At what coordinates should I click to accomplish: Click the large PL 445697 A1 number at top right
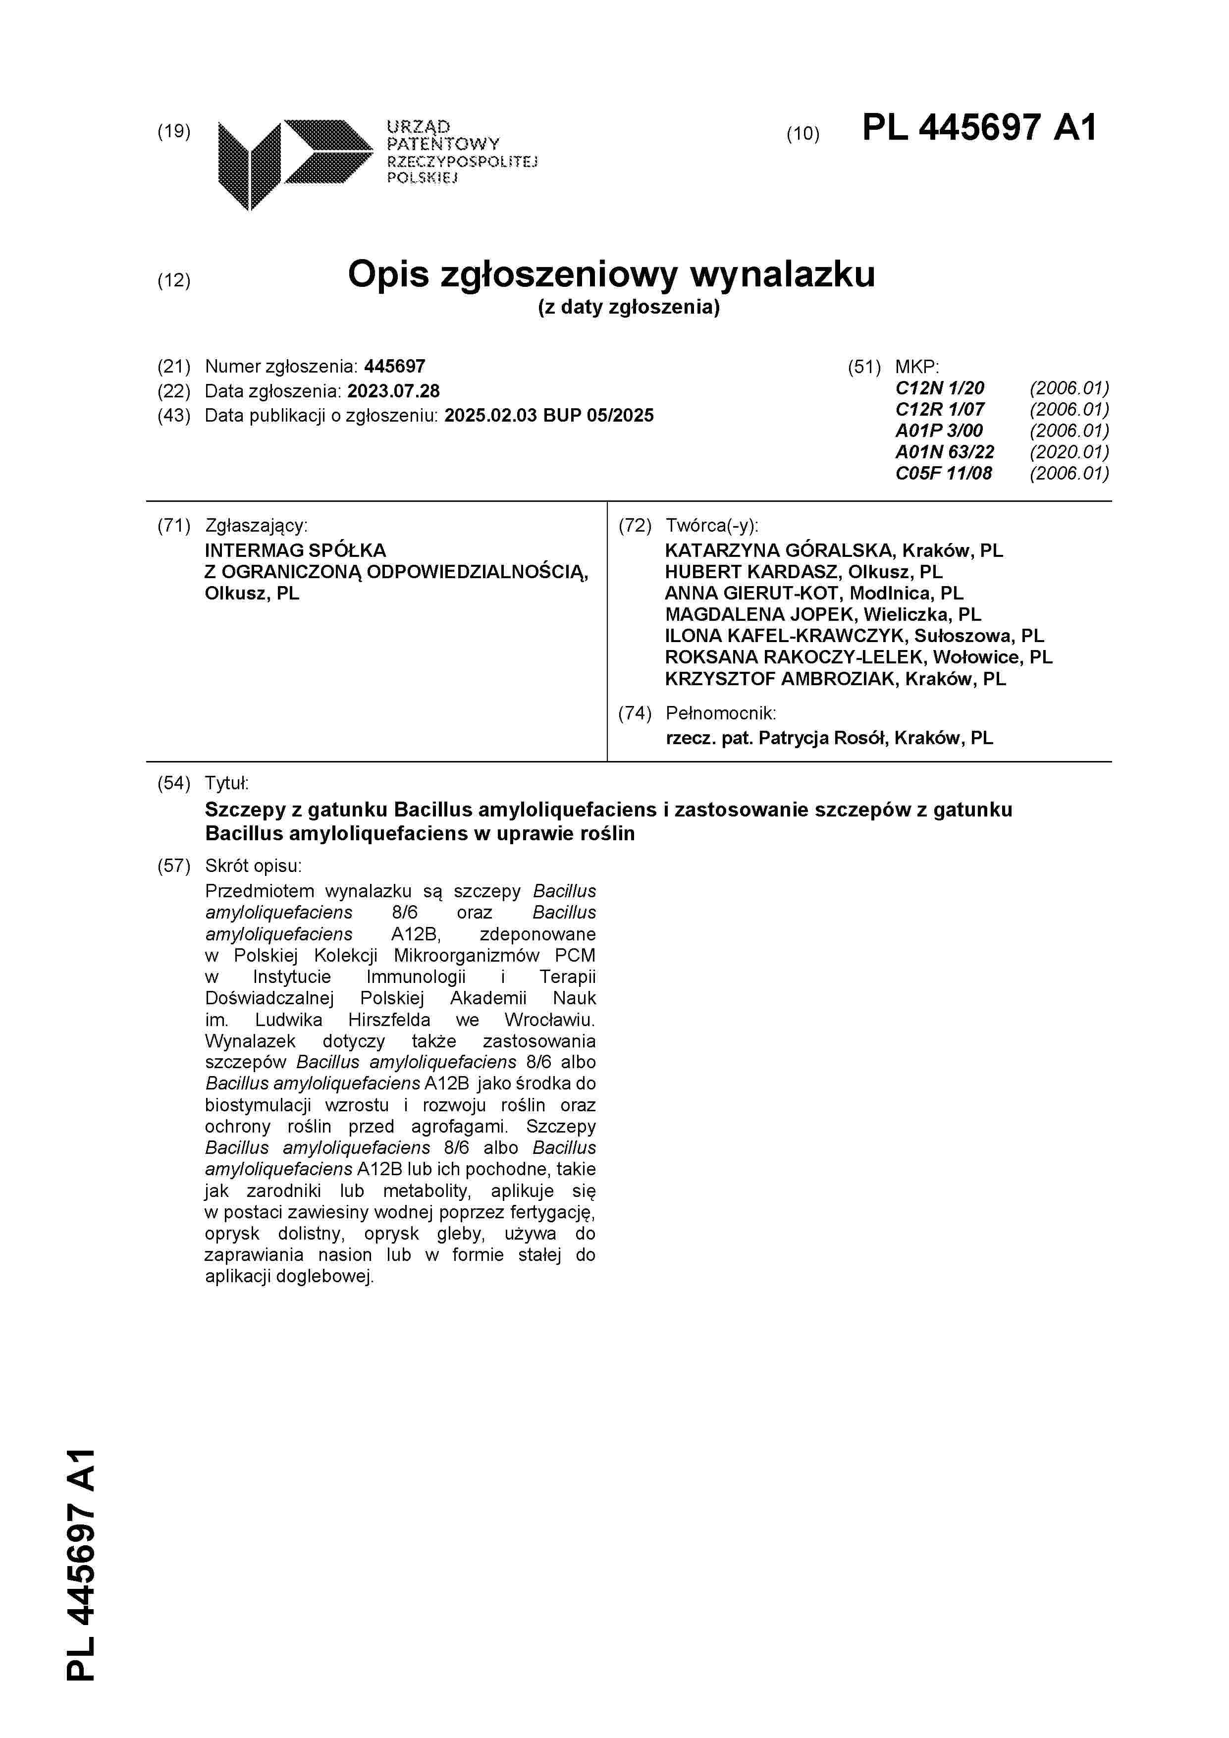click(x=978, y=127)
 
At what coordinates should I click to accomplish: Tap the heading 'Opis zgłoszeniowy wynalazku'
click(x=611, y=274)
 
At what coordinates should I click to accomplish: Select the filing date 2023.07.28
click(x=393, y=391)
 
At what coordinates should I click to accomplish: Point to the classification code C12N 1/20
click(x=939, y=388)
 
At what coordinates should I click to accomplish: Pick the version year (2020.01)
click(x=1069, y=452)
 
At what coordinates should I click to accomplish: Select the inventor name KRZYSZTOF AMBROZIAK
click(x=780, y=679)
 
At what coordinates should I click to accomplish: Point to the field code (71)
click(x=173, y=526)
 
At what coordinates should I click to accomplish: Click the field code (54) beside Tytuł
click(x=173, y=783)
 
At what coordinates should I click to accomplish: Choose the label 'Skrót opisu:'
click(x=253, y=866)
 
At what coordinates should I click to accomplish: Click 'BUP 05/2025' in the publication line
click(x=598, y=416)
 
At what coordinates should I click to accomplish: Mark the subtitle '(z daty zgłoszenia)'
click(x=628, y=307)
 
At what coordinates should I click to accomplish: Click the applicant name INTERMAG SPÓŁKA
click(x=295, y=550)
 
